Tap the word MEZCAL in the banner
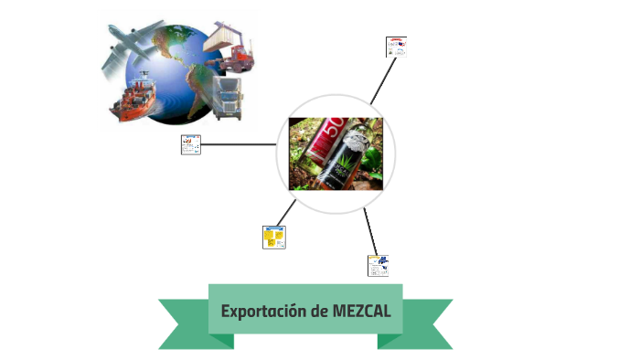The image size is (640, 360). point(362,311)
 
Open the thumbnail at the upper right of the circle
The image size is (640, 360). point(396,47)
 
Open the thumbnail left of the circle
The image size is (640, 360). point(191,144)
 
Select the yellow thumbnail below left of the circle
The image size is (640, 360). point(273,237)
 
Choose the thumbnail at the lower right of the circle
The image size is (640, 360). point(379,265)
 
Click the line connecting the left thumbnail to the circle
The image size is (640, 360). point(239,144)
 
